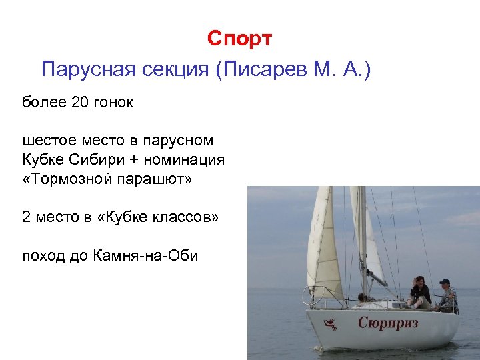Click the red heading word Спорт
[239, 39]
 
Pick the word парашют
[157, 181]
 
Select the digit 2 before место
[27, 218]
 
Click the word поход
[44, 255]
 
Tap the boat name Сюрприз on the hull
[390, 323]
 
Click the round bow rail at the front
[313, 295]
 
